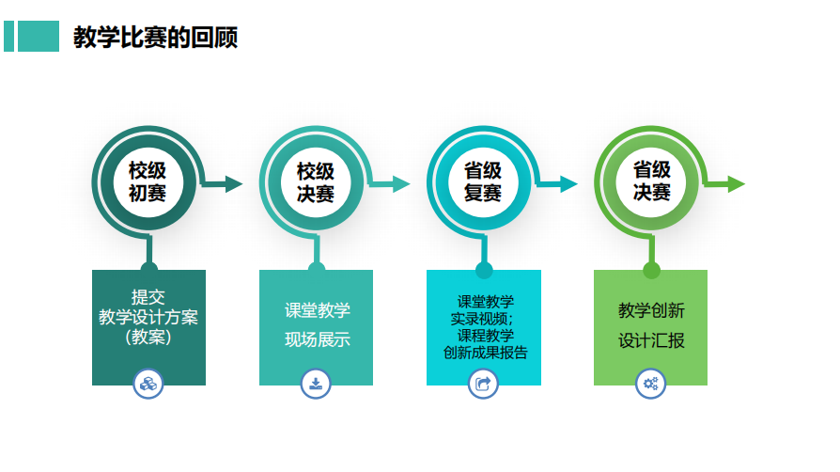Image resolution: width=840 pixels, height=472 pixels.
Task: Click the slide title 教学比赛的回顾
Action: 155,37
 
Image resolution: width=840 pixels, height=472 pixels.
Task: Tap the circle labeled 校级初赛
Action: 148,182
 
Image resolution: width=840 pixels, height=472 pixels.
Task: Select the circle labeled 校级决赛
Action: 316,182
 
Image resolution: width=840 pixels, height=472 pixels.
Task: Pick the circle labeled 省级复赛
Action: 483,182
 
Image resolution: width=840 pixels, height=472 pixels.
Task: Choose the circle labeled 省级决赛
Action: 651,182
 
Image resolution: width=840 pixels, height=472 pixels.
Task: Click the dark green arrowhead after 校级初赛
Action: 234,184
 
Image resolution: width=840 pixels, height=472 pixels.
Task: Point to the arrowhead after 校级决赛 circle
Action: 401,184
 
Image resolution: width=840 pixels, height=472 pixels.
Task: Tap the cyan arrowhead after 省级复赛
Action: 569,184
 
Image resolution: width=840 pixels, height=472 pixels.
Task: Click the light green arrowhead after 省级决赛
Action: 737,184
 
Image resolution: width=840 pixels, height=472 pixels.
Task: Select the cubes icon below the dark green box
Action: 148,384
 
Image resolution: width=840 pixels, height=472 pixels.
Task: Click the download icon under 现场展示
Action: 316,384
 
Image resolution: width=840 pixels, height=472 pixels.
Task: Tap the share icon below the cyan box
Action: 483,384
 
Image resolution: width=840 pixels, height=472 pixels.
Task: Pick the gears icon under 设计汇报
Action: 651,384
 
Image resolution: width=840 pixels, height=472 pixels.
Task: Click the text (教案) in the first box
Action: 148,337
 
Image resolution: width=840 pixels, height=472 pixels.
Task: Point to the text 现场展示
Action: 318,339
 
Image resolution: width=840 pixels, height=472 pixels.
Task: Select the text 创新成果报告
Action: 486,353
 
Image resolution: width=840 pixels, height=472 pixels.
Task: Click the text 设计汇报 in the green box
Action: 651,340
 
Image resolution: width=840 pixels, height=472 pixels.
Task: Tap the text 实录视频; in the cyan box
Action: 482,319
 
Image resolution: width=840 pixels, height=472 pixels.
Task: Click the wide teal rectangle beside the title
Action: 39,36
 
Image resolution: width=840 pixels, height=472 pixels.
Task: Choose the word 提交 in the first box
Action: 148,296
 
